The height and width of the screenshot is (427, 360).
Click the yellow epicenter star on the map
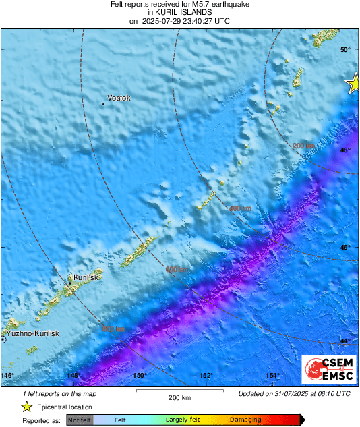tap(353, 84)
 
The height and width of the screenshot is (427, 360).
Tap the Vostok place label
tap(119, 98)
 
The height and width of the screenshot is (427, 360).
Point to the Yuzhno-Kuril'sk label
tap(33, 334)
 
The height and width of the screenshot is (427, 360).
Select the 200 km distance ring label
tap(303, 146)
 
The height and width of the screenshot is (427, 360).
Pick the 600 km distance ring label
tap(177, 270)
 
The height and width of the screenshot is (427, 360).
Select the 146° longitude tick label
tap(7, 375)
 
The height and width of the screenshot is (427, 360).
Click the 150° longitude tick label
tap(140, 375)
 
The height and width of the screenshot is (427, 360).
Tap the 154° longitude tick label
tap(272, 375)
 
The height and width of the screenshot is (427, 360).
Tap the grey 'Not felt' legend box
tap(80, 420)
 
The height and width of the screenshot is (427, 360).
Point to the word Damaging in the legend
tap(245, 420)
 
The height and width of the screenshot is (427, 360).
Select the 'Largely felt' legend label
tap(181, 420)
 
